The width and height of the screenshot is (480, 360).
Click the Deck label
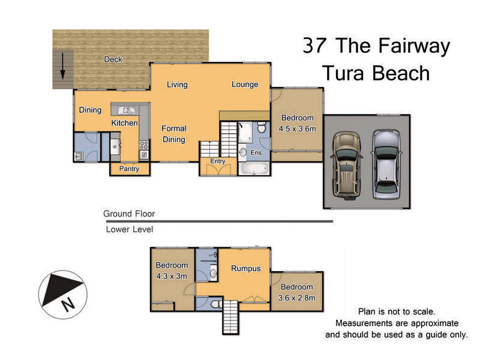tap(113, 59)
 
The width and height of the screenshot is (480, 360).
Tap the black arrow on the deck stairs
tap(62, 67)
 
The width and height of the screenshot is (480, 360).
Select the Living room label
tap(177, 85)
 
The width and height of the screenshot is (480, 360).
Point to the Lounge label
tap(245, 85)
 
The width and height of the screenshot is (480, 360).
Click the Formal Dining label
tap(173, 134)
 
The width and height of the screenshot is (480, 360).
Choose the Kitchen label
tap(124, 123)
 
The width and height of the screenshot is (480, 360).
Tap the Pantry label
tap(129, 169)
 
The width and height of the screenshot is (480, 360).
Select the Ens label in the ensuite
tap(256, 153)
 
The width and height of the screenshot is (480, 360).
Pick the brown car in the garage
tap(346, 164)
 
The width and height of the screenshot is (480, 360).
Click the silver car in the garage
tap(386, 163)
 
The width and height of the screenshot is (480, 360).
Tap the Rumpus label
tap(246, 268)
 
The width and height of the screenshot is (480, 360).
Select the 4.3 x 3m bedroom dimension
tap(172, 276)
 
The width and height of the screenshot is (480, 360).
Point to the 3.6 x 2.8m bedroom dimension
tap(296, 298)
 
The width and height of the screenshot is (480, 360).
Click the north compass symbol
tap(62, 295)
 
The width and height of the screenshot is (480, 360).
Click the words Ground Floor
tap(129, 214)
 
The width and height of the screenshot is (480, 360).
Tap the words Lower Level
tap(129, 229)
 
